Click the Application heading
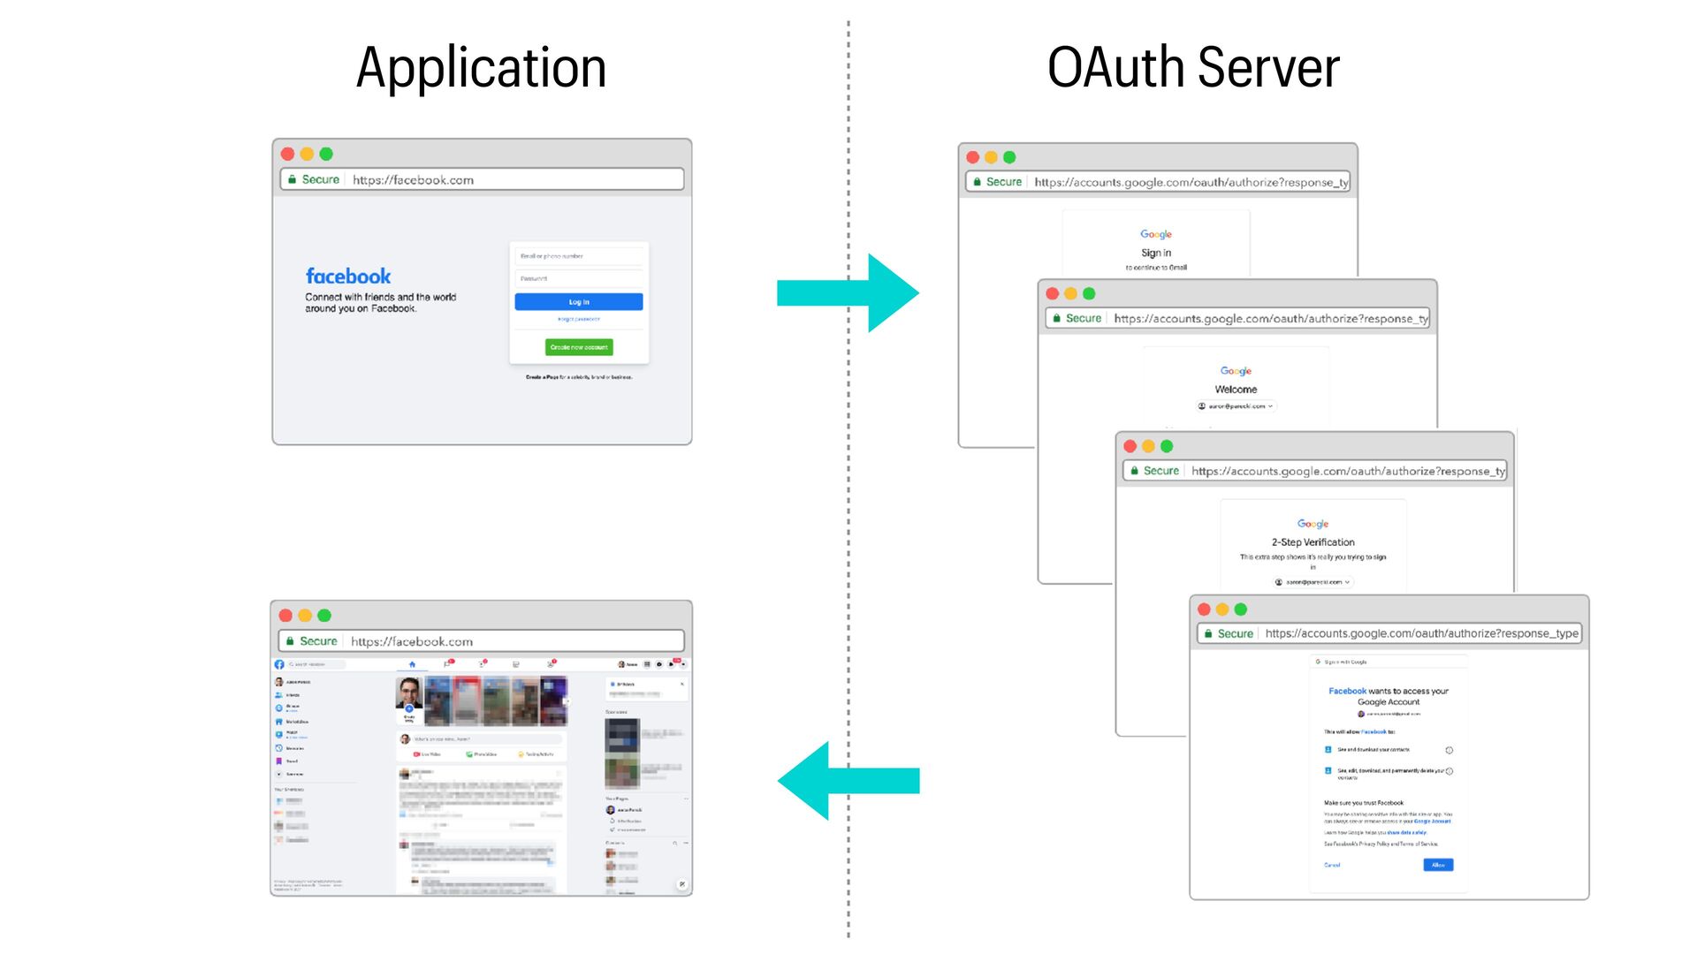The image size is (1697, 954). pos(481,68)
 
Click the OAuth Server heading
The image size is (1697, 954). pos(1193,68)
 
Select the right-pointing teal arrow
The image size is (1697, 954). pos(848,292)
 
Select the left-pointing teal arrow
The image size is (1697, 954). pos(848,780)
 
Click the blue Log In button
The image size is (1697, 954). pos(578,302)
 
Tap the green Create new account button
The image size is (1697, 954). pos(578,347)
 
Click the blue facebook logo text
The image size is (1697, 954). pos(348,276)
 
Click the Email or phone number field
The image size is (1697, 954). pos(578,256)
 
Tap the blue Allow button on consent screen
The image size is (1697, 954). pos(1438,865)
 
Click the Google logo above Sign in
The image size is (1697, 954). pos(1156,234)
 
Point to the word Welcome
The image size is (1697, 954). pos(1236,390)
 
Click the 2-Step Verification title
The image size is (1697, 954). pos(1313,542)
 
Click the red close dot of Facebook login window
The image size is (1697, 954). pos(287,154)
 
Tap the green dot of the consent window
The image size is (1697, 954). pos(1241,609)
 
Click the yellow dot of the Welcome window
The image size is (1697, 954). pos(1070,294)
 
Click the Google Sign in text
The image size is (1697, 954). pos(1156,253)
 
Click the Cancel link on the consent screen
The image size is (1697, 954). pos(1332,865)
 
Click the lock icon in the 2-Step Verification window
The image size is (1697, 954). pos(1135,471)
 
